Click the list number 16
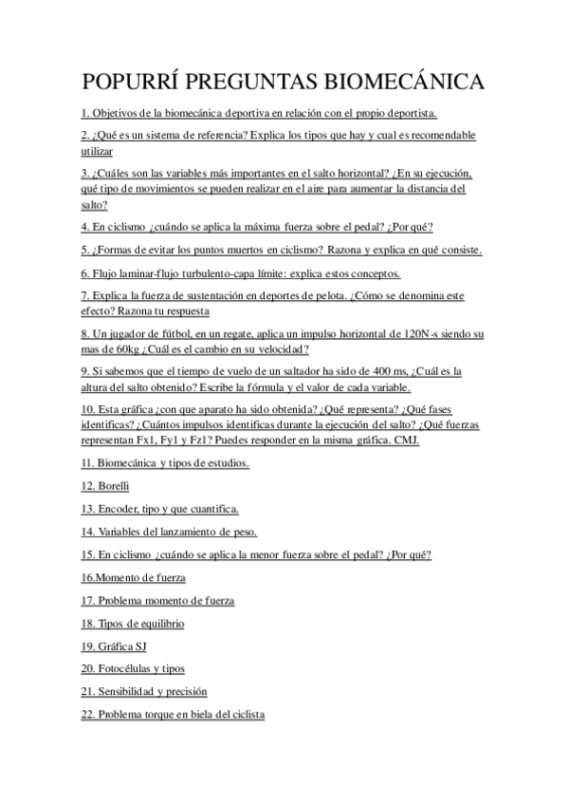pos(87,577)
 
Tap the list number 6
pos(84,272)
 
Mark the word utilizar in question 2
pos(96,150)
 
